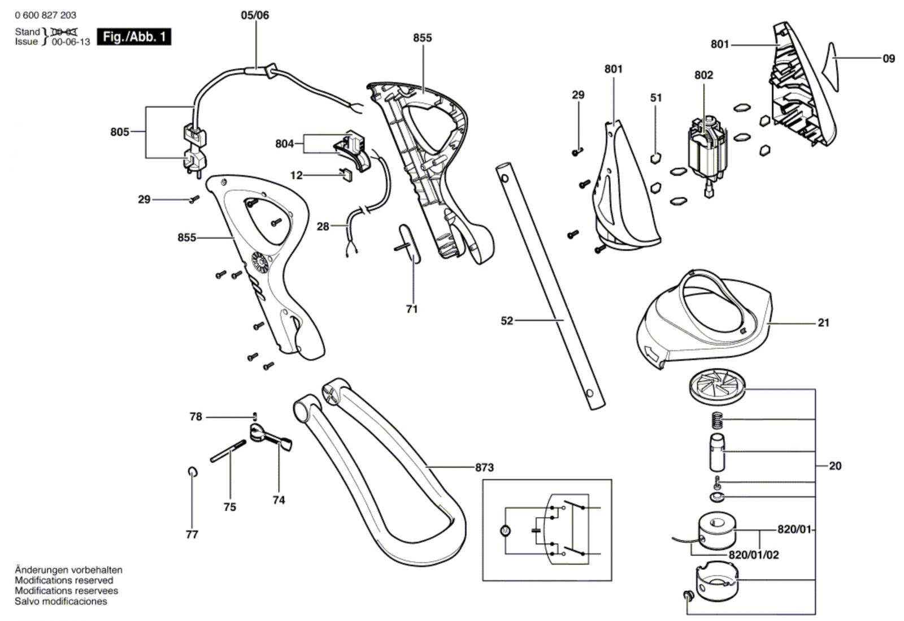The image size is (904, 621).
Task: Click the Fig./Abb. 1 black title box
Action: pos(134,37)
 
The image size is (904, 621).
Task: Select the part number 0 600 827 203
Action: pos(46,15)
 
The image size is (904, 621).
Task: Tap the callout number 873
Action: pos(484,468)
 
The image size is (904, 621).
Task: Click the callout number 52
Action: pos(507,321)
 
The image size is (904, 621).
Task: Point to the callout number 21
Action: pos(823,323)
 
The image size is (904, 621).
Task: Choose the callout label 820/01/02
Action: pos(753,555)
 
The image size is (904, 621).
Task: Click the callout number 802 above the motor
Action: pos(703,75)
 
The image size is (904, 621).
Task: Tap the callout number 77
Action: pos(192,534)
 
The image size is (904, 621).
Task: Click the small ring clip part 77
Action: pos(192,472)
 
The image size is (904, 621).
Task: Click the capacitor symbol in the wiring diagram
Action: pos(535,531)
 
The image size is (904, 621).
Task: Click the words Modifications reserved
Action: pos(64,581)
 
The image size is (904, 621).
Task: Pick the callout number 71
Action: pos(412,309)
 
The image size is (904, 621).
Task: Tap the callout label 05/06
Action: pos(255,15)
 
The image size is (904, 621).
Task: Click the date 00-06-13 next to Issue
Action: pos(71,42)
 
